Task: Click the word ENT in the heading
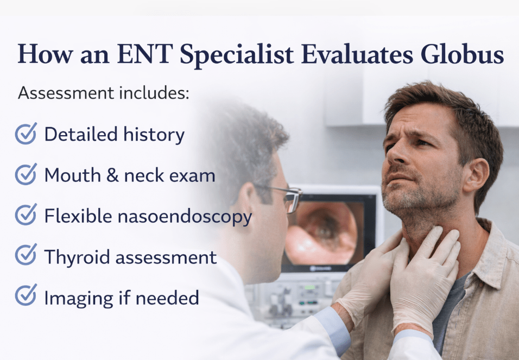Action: pyautogui.click(x=144, y=54)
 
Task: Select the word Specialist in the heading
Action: pyautogui.click(x=237, y=55)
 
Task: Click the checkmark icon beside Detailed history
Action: pyautogui.click(x=26, y=134)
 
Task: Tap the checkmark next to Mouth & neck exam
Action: pyautogui.click(x=26, y=174)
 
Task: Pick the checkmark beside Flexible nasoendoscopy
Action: pyautogui.click(x=26, y=214)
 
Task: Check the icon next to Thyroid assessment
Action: pyautogui.click(x=26, y=255)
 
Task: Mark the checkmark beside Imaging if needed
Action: pyautogui.click(x=26, y=295)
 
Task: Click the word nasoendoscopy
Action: pyautogui.click(x=185, y=217)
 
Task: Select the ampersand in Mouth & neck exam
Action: pyautogui.click(x=112, y=175)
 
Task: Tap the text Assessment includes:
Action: pyautogui.click(x=104, y=93)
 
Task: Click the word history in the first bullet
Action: pyautogui.click(x=154, y=135)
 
